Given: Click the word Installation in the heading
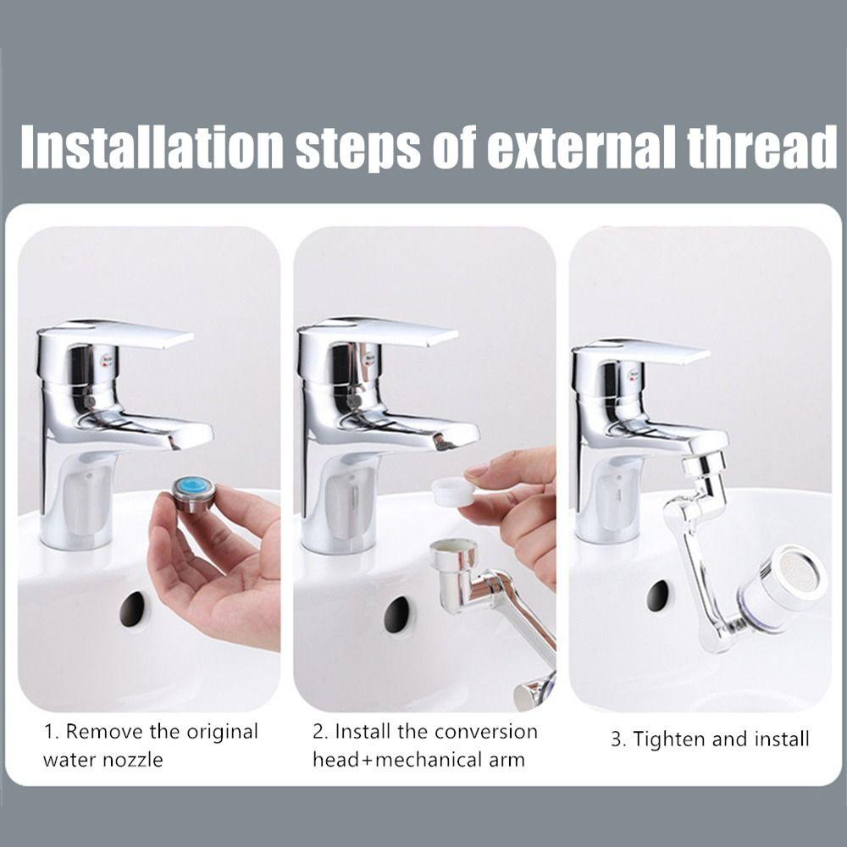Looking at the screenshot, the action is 152,147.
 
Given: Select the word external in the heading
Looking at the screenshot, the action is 581,147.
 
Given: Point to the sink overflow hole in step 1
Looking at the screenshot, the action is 132,609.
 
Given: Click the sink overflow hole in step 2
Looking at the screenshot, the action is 397,614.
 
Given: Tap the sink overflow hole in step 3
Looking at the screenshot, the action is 657,595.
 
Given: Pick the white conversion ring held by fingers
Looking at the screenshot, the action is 453,491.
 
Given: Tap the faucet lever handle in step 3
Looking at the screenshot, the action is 640,352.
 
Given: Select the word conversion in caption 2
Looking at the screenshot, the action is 486,732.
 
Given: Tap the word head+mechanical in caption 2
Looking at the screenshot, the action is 399,760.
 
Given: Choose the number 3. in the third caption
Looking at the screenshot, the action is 618,739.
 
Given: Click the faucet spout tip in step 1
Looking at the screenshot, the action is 190,436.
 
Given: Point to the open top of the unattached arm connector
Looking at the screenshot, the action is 454,546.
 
